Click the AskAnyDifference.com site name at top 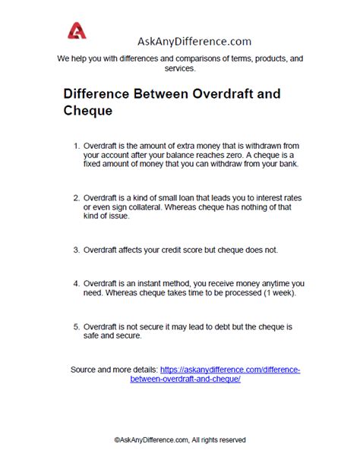194,42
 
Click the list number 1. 75,143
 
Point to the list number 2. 75,197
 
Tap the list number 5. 75,326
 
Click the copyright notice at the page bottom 180,439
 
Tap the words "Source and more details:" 114,370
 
